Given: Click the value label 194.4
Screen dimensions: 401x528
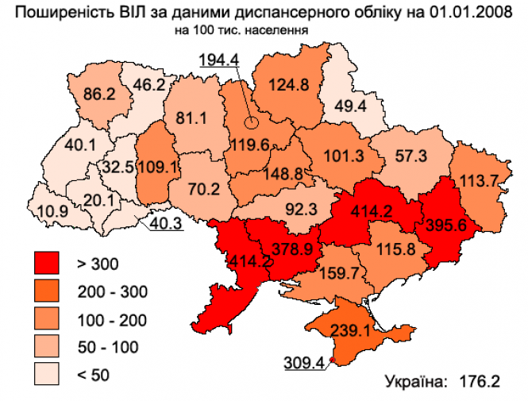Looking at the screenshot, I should [219, 60].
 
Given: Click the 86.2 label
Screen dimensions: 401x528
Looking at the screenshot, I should [99, 94].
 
